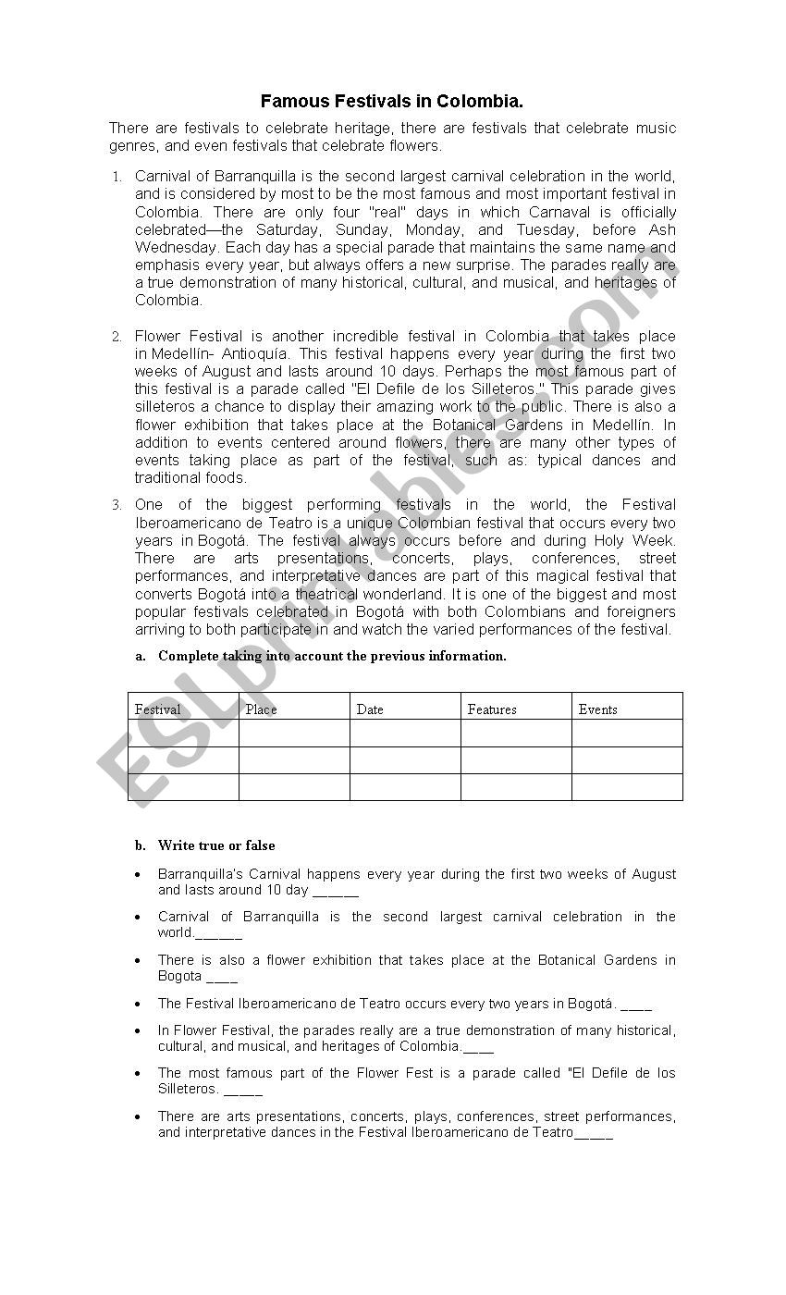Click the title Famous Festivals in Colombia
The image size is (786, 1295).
coord(392,101)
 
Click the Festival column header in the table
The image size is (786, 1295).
coord(157,709)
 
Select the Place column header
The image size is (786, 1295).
coord(261,709)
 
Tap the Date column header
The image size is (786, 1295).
coord(369,709)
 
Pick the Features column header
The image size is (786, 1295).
coord(492,709)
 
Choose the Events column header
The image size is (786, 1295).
coord(597,709)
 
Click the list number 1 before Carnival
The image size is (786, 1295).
coord(117,177)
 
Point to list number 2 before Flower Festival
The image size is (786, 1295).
coord(117,337)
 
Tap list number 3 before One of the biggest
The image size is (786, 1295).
coord(117,505)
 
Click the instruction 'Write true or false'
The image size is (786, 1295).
coord(216,845)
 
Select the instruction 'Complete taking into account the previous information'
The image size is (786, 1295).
coord(332,656)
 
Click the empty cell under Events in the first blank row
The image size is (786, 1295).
coord(627,734)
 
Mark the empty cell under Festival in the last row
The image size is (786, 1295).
coord(183,787)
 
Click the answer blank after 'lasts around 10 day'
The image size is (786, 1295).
coord(336,893)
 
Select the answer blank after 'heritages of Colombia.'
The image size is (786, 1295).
coord(479,1049)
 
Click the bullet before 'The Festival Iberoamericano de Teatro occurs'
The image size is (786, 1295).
coord(138,1004)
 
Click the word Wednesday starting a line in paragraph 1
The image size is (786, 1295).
coord(171,248)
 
